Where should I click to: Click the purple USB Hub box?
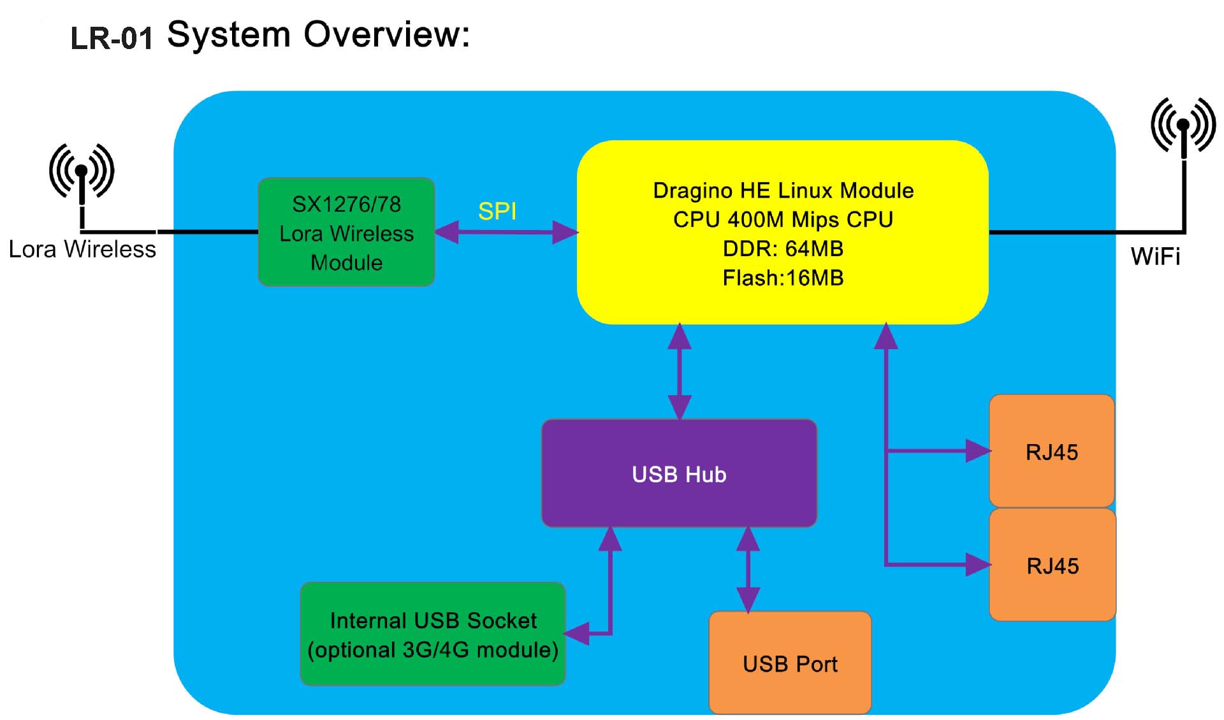679,473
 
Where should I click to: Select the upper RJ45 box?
1051,451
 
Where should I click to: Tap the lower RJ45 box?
1053,565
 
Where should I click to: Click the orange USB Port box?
790,663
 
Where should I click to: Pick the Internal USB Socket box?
432,634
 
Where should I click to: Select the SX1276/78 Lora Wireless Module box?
346,232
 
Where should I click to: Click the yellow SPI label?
497,211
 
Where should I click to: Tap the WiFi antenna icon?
1183,127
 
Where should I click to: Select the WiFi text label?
1155,256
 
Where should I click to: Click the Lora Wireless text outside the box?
82,249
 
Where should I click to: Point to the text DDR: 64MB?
783,248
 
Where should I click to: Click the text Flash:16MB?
783,278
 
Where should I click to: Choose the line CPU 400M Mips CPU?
783,219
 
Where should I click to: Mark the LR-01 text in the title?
112,38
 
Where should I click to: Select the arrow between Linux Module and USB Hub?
679,371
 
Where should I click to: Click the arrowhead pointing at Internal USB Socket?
577,633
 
